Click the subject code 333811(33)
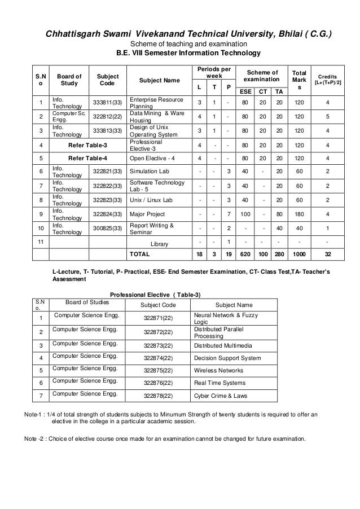[x=107, y=102]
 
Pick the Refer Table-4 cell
[x=87, y=159]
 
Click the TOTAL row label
[x=139, y=254]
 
